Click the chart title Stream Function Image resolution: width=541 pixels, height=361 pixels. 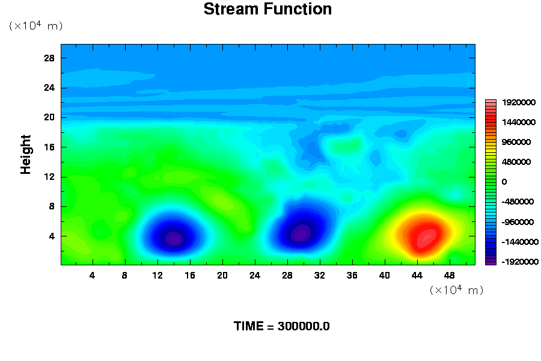[267, 9]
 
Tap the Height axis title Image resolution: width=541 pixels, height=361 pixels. [25, 155]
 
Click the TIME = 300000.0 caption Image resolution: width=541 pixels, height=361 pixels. [281, 326]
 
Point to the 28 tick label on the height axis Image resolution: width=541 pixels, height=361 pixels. [49, 58]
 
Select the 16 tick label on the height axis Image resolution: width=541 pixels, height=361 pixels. [49, 147]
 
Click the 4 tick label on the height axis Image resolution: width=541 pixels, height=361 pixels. [52, 236]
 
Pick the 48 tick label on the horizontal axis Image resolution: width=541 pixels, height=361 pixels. [449, 276]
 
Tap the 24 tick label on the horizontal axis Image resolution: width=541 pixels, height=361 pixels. [255, 276]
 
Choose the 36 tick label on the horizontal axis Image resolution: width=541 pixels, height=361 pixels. [352, 276]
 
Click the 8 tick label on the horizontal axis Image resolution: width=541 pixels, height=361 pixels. [124, 276]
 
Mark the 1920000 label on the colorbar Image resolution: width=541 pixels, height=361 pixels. [519, 102]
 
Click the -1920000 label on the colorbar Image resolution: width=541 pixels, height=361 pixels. [520, 262]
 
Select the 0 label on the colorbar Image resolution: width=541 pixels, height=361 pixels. [504, 182]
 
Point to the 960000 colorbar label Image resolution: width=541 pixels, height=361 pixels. [516, 142]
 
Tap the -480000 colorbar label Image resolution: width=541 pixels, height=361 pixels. [518, 202]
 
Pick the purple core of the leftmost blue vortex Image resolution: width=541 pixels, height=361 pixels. [174, 239]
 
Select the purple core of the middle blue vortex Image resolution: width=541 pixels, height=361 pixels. [301, 233]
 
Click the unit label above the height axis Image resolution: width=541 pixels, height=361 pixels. [36, 25]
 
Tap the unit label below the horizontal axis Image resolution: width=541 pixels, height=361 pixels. [456, 289]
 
